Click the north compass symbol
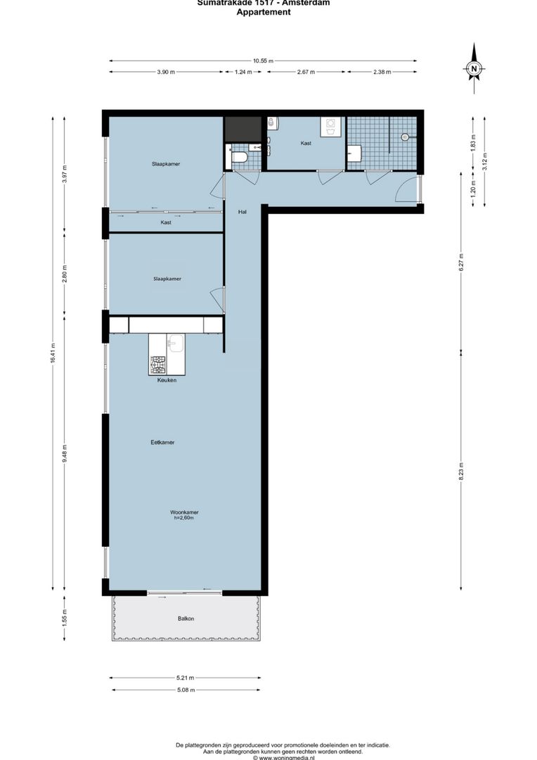tap(474, 68)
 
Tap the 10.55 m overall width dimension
tap(264, 61)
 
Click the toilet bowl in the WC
tap(239, 157)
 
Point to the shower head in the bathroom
tap(405, 137)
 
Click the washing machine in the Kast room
tap(330, 126)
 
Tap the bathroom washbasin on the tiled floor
tap(354, 153)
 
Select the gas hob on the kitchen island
tap(157, 365)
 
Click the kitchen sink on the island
tap(176, 344)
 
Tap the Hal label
tap(242, 212)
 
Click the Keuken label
tap(167, 380)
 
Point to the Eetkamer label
tap(162, 443)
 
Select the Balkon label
tap(186, 619)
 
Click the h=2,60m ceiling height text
tap(183, 518)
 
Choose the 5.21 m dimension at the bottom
tap(186, 678)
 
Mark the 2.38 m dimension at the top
tap(383, 72)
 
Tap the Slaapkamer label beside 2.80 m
tap(167, 279)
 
